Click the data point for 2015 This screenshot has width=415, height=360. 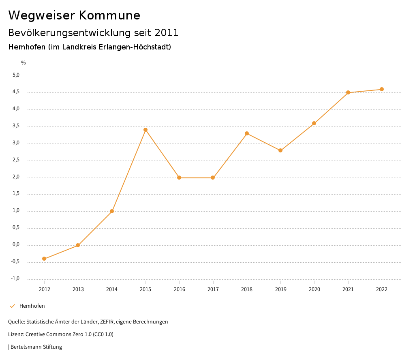pyautogui.click(x=145, y=130)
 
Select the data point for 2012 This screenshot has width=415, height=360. pyautogui.click(x=44, y=259)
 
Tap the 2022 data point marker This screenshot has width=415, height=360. pyautogui.click(x=382, y=89)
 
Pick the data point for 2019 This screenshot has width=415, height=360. pyautogui.click(x=280, y=150)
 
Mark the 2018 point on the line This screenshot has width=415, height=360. pyautogui.click(x=247, y=133)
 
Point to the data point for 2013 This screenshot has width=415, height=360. pyautogui.click(x=78, y=245)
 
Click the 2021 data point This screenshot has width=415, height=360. pyautogui.click(x=348, y=92)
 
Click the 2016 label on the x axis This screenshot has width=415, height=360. pyautogui.click(x=179, y=289)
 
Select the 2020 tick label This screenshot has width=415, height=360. pyautogui.click(x=314, y=289)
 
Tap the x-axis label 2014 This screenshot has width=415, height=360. pyautogui.click(x=112, y=289)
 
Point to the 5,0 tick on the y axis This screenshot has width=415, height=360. pyautogui.click(x=16, y=75)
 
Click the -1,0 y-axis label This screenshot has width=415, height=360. pyautogui.click(x=15, y=279)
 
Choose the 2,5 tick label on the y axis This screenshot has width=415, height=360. pyautogui.click(x=16, y=160)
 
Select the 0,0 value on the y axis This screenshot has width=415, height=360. pyautogui.click(x=16, y=244)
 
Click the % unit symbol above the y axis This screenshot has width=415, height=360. pyautogui.click(x=24, y=63)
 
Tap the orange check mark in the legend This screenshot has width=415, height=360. pyautogui.click(x=12, y=306)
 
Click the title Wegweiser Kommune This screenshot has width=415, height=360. pyautogui.click(x=74, y=15)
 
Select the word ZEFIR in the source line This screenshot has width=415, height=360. pyautogui.click(x=107, y=322)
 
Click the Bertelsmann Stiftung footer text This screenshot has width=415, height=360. pyautogui.click(x=36, y=347)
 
